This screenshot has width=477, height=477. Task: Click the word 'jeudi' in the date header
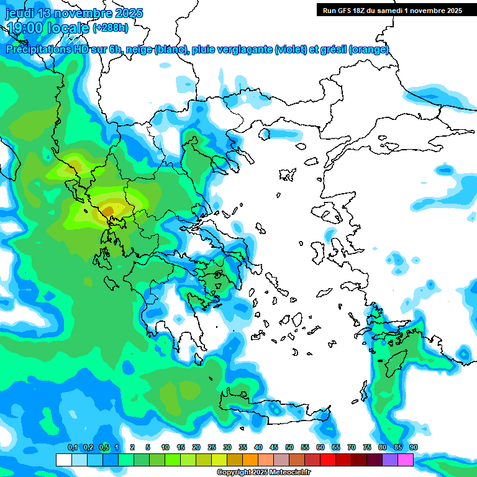tap(19, 13)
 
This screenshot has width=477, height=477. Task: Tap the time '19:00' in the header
tap(24, 28)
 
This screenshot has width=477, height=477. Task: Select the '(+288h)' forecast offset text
tap(111, 28)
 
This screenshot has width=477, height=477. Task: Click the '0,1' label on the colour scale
tap(72, 447)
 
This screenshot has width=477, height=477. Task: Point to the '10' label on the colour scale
tap(165, 447)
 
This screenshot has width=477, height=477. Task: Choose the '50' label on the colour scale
tap(289, 447)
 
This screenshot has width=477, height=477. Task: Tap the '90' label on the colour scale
tap(414, 447)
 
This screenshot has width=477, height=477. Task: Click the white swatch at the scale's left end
tap(63, 460)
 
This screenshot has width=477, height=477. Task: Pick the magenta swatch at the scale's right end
tap(406, 460)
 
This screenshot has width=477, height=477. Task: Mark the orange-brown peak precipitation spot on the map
tap(108, 212)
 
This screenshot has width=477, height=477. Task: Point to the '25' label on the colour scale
tap(212, 447)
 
